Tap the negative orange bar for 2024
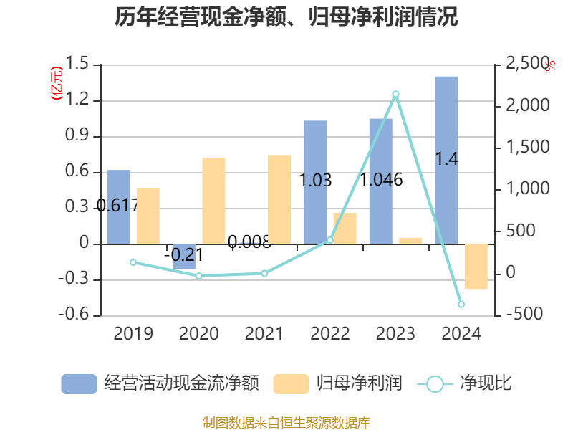tap(476, 267)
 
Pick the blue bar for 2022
tap(315, 182)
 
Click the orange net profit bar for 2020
tap(213, 201)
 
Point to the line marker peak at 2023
tap(396, 94)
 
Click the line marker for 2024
tap(461, 305)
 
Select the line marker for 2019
tap(133, 262)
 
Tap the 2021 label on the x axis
tap(264, 334)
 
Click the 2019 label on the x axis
tap(133, 334)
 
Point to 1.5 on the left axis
tap(80, 64)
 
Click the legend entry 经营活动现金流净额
tap(159, 383)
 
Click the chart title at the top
tap(286, 17)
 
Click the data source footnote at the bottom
tap(286, 422)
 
